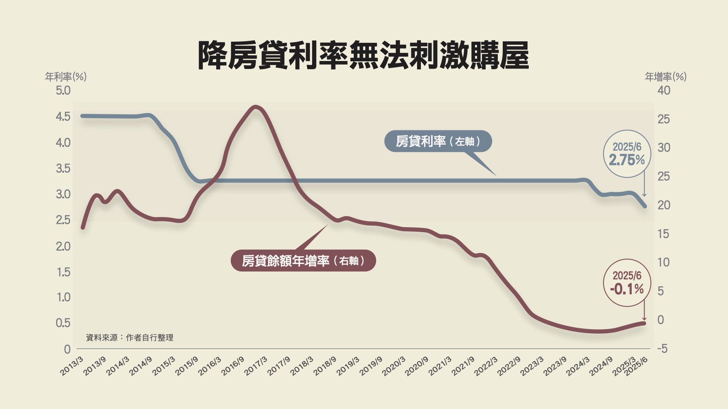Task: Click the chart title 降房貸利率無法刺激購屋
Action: click(x=363, y=56)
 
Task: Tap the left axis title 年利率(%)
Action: click(x=66, y=77)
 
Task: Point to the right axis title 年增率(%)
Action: click(x=665, y=77)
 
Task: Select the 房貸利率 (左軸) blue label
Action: click(x=438, y=141)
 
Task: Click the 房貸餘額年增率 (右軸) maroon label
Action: click(x=303, y=261)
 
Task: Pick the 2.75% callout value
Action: click(x=627, y=160)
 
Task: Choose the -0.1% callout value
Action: click(x=627, y=289)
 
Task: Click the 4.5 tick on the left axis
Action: click(x=63, y=117)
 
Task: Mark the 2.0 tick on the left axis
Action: click(x=63, y=247)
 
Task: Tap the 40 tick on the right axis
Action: click(x=664, y=91)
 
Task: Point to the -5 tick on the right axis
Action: click(x=662, y=349)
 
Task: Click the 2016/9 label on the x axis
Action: click(x=232, y=366)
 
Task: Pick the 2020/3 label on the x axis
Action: click(x=394, y=366)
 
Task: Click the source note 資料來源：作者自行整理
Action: click(x=130, y=337)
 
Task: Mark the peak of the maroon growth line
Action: click(x=256, y=107)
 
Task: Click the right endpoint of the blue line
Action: click(x=645, y=206)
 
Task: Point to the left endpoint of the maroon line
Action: click(x=83, y=228)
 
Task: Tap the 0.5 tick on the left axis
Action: click(x=63, y=323)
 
